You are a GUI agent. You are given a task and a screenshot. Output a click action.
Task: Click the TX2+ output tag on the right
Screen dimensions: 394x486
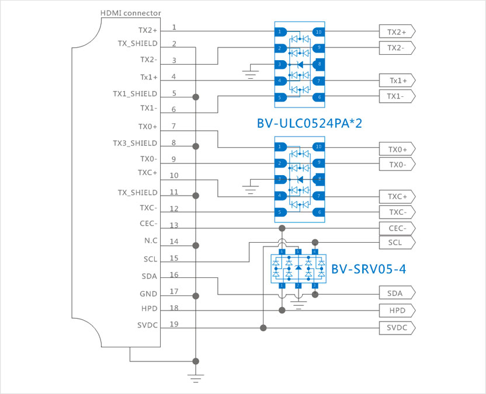[x=397, y=32]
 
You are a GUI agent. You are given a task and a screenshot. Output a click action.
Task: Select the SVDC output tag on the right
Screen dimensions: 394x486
[x=397, y=328]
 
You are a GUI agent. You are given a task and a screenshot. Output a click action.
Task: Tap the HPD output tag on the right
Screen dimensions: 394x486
[x=397, y=311]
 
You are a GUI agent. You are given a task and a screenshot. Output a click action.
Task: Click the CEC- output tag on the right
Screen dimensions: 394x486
[x=397, y=228]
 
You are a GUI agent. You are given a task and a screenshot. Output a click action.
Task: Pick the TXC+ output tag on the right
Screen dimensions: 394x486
[x=397, y=196]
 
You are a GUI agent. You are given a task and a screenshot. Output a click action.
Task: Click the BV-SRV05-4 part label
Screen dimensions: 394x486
[x=368, y=269]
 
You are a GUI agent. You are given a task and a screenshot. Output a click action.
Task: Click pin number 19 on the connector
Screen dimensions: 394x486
[x=174, y=323]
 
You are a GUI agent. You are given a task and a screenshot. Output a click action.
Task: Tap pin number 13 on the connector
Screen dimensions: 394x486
[x=174, y=225]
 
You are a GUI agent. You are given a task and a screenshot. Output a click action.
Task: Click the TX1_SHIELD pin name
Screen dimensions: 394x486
[x=135, y=93]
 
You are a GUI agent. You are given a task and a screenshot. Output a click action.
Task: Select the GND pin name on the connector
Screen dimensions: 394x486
[x=148, y=294]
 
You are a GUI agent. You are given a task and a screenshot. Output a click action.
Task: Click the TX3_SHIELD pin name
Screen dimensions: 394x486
[x=135, y=143]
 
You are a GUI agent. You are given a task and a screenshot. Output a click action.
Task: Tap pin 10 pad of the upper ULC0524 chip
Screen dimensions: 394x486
[x=318, y=32]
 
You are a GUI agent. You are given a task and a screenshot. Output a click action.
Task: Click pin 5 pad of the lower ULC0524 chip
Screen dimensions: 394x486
[x=282, y=212]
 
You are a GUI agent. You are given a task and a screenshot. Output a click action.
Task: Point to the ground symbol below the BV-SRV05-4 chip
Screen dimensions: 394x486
[x=298, y=303]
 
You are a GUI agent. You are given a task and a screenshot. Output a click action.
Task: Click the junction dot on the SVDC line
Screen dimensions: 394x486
[x=263, y=328]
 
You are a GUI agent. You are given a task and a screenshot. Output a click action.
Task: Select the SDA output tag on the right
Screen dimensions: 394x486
[x=397, y=293]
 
